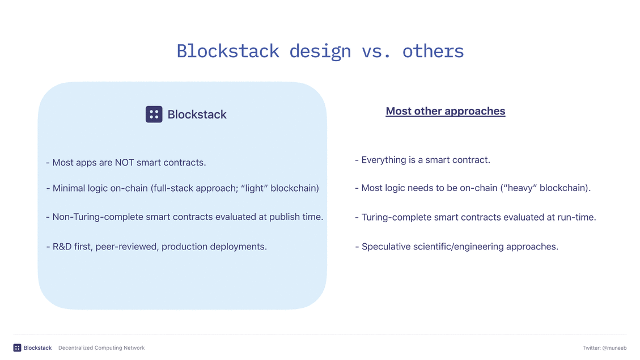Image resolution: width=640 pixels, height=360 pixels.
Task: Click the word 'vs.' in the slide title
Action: coord(376,52)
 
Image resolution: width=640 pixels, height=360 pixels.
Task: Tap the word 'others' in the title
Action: coord(433,52)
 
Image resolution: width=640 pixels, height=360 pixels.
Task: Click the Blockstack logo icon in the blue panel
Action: coord(154,115)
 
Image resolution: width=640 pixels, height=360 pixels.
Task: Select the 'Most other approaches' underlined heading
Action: coord(446,111)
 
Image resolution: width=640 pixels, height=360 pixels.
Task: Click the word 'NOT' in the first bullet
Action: coord(124,163)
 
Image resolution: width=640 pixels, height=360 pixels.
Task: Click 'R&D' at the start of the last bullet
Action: coord(62,247)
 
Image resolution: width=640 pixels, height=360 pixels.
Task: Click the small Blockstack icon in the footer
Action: coord(17,348)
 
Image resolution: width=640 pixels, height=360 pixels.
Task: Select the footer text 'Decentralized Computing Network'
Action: coord(101,348)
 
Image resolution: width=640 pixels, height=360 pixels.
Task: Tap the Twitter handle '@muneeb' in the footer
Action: coord(614,348)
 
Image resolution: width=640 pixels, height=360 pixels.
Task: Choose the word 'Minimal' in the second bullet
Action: coord(69,188)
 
